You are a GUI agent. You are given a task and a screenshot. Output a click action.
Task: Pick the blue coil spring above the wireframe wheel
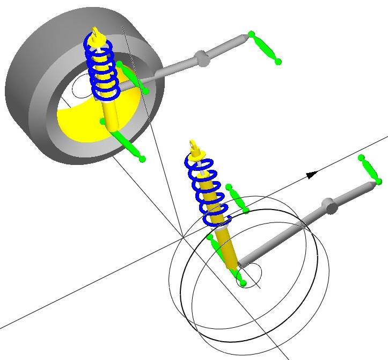(207, 188)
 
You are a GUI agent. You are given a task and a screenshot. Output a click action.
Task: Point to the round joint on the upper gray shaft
(201, 58)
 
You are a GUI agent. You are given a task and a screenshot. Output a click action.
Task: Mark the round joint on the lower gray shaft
(329, 205)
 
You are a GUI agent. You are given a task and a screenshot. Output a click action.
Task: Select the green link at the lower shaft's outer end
(370, 169)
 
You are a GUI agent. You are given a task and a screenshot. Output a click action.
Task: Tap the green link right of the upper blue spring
(131, 77)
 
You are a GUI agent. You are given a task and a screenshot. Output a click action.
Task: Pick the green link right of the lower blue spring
(237, 199)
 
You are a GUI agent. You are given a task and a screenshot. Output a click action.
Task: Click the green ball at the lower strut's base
(242, 283)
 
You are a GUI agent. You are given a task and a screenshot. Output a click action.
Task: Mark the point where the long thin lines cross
(183, 236)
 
